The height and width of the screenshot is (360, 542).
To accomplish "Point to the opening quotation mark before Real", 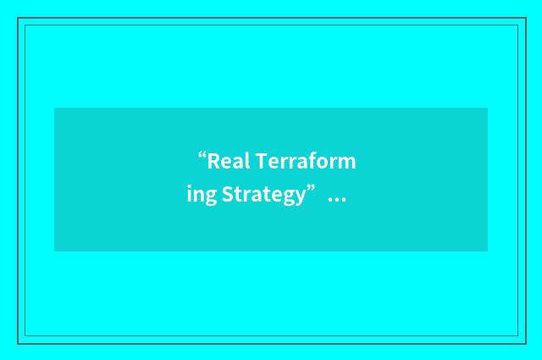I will [x=203, y=156].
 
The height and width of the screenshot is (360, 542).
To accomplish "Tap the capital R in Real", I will [x=213, y=161].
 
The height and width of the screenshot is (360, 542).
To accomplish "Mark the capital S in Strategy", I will [x=227, y=195].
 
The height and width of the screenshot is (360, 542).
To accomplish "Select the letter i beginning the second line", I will [x=190, y=194].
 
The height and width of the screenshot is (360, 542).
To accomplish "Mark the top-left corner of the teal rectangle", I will [x=55, y=108].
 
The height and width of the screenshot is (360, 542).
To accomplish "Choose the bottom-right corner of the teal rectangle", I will [x=487, y=251].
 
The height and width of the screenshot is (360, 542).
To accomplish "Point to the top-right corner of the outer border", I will [x=526, y=18].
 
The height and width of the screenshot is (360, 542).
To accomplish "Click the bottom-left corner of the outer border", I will [x=18, y=343].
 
